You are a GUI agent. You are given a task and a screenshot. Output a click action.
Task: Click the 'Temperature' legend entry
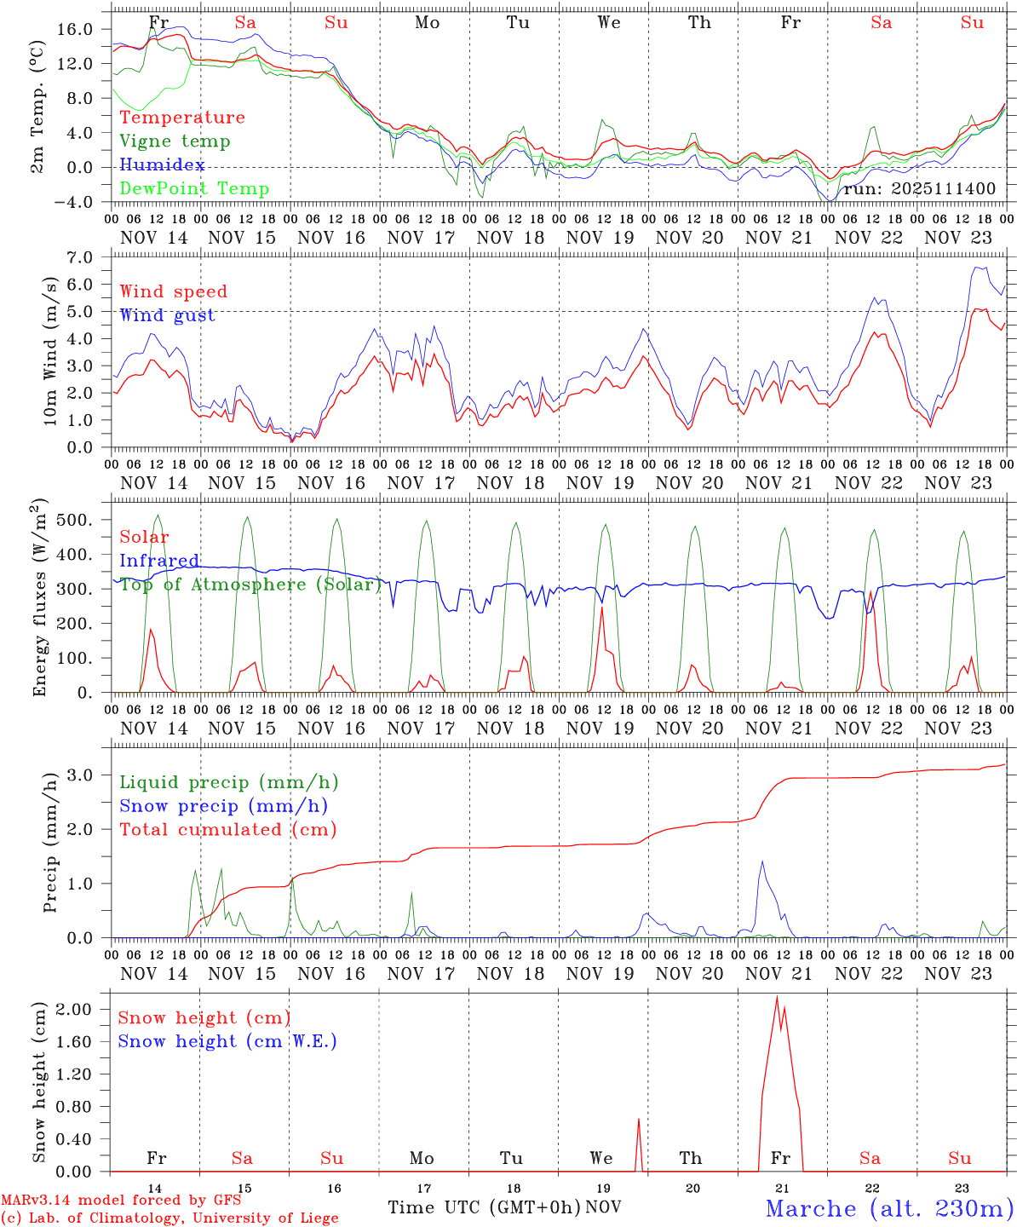(x=182, y=118)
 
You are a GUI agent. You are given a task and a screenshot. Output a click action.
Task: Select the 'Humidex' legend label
(x=163, y=165)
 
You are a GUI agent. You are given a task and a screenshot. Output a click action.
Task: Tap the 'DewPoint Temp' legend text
(x=194, y=189)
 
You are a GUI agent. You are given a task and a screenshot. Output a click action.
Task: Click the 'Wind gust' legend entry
(x=167, y=315)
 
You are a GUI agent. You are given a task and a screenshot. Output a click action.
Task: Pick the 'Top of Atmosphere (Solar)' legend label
(x=250, y=585)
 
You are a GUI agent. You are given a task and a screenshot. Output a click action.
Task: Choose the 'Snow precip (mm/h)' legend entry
(x=224, y=806)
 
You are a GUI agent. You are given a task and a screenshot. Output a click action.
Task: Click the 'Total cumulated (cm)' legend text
(x=228, y=830)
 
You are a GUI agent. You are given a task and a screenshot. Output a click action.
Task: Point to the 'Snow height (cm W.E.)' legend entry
(x=227, y=1041)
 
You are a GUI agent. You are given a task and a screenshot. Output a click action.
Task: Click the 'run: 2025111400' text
(x=919, y=188)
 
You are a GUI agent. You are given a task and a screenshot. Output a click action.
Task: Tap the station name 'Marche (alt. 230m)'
(x=889, y=1208)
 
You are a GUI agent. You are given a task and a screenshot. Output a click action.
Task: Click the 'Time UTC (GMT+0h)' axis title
(x=484, y=1207)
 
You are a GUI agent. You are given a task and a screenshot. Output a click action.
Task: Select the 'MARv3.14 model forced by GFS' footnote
(x=120, y=1201)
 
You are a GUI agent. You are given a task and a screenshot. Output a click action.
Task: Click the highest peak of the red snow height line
(x=777, y=995)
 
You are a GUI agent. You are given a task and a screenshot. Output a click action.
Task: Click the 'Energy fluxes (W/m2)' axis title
(x=38, y=600)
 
